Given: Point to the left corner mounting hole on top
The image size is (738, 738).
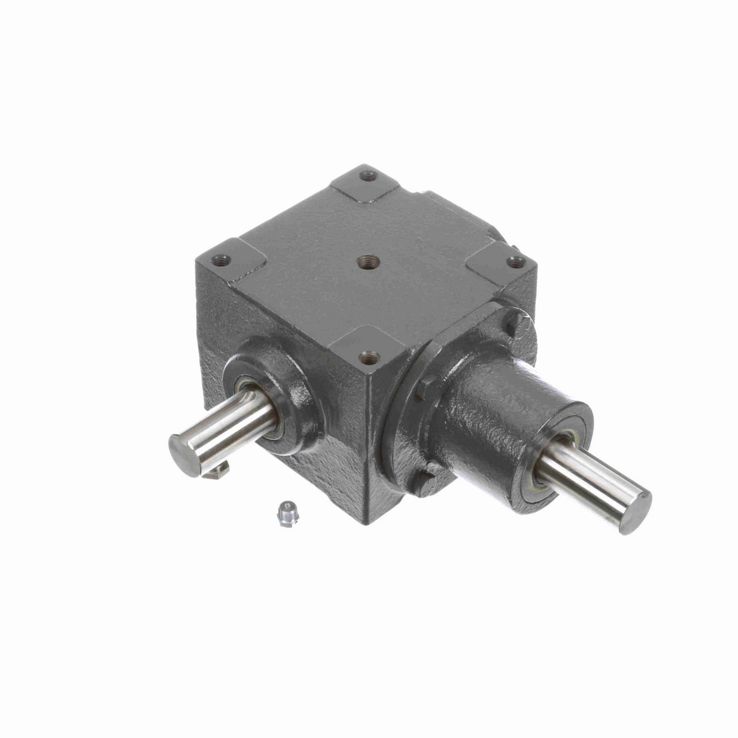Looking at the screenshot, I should point(223,260).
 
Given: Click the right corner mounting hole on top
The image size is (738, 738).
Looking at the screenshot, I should point(515,263).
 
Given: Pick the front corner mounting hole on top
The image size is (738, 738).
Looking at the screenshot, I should point(368,356).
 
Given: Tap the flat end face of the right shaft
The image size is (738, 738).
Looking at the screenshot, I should point(635,512).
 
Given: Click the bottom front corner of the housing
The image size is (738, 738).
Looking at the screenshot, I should point(368,523).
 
